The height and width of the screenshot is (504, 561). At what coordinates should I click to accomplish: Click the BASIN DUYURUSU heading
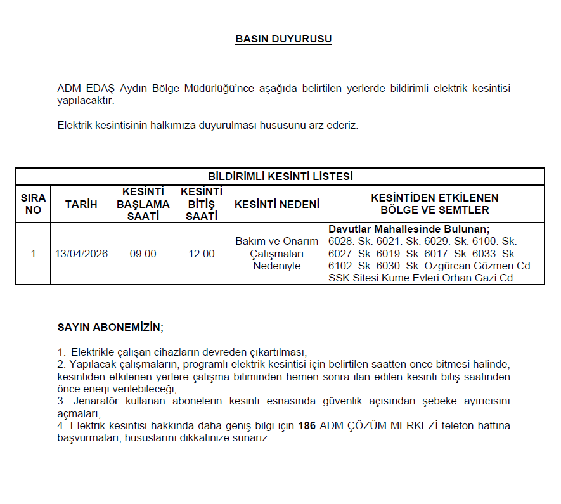[283, 39]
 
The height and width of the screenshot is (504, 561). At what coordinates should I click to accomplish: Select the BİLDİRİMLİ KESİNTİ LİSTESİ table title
[280, 176]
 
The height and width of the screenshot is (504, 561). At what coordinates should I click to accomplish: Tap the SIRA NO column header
[33, 204]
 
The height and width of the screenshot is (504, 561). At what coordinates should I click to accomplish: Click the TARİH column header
[81, 204]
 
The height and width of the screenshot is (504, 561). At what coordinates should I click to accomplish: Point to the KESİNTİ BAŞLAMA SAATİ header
[143, 204]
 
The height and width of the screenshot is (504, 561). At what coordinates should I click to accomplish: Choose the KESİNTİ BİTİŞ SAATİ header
[202, 204]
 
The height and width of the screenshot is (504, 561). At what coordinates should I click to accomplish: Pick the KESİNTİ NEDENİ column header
[277, 204]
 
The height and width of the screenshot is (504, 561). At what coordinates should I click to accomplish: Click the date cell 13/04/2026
[81, 254]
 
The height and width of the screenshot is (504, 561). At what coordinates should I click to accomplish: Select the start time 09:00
[143, 254]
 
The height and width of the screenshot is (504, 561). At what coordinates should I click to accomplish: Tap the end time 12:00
[202, 254]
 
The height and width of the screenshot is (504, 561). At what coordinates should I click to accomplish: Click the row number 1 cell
[33, 254]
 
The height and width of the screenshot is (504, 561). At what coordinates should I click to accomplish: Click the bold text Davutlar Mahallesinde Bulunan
[409, 229]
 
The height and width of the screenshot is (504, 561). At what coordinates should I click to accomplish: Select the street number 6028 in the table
[340, 242]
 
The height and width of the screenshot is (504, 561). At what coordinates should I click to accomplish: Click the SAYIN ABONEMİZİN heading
[110, 328]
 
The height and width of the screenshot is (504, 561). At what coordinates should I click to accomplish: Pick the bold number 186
[307, 425]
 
